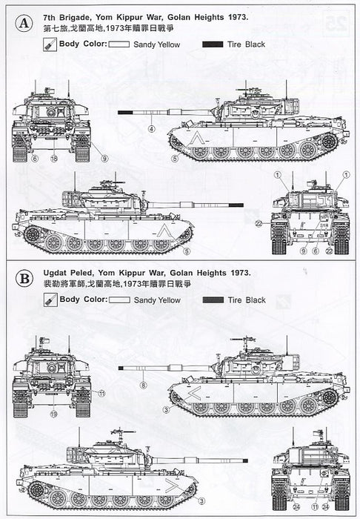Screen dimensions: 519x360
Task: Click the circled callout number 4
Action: click(x=151, y=129)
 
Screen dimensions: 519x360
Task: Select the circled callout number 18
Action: click(x=53, y=159)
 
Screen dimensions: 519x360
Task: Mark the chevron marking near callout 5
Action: click(x=195, y=140)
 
